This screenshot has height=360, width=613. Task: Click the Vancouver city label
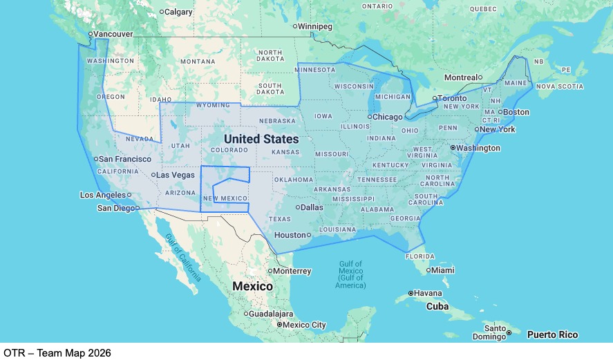(x=113, y=34)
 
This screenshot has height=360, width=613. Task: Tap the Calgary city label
(x=179, y=11)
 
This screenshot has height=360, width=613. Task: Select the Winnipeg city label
(x=314, y=26)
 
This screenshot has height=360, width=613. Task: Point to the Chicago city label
(x=387, y=117)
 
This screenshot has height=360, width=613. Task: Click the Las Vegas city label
(x=175, y=175)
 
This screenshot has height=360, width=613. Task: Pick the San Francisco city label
(x=125, y=159)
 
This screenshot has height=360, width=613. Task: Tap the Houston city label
(x=290, y=235)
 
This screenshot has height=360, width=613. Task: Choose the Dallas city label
(x=312, y=207)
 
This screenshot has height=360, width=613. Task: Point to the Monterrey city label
(x=292, y=271)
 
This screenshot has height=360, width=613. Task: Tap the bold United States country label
(x=261, y=139)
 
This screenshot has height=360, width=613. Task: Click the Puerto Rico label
(x=552, y=334)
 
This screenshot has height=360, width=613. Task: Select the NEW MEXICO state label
(x=225, y=198)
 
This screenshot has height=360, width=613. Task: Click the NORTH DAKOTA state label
(x=270, y=56)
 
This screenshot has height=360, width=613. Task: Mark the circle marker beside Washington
(x=453, y=148)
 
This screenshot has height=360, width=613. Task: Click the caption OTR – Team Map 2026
(x=57, y=352)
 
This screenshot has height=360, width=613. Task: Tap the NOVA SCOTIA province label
(x=560, y=86)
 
